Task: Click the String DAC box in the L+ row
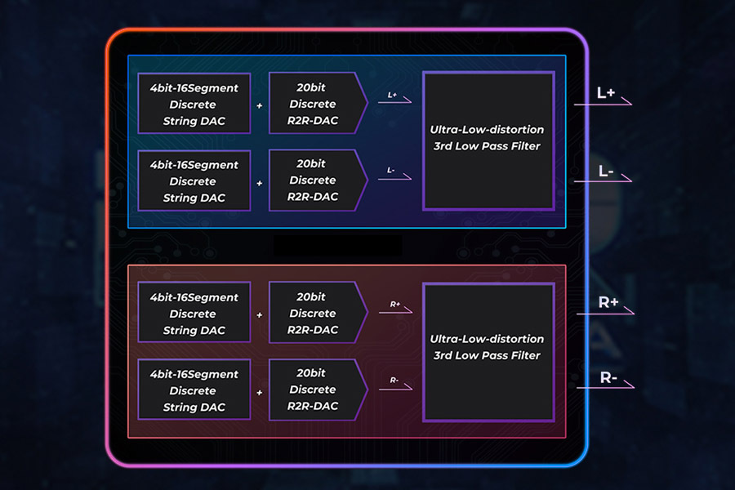point(194,105)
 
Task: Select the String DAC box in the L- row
point(194,180)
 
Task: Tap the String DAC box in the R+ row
point(194,314)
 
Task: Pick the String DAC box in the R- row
point(194,390)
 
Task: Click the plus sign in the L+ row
point(260,106)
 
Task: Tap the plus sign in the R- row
point(260,392)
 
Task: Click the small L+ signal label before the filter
point(393,96)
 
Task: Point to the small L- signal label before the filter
point(393,171)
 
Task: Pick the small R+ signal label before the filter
point(394,305)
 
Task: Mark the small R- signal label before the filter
point(394,380)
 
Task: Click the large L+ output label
point(606,93)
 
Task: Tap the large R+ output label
point(608,302)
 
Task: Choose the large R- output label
point(608,377)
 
